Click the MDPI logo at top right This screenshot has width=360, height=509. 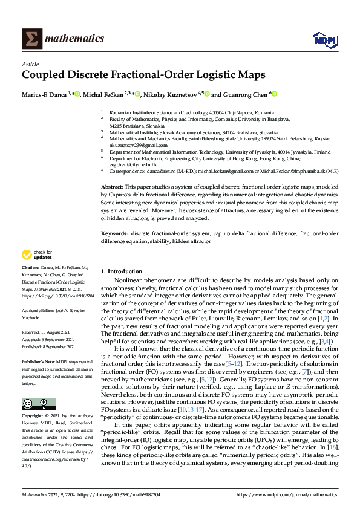point(324,40)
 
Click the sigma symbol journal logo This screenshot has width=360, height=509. point(32,39)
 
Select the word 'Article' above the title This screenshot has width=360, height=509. point(30,64)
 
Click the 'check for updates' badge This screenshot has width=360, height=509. point(36,271)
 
